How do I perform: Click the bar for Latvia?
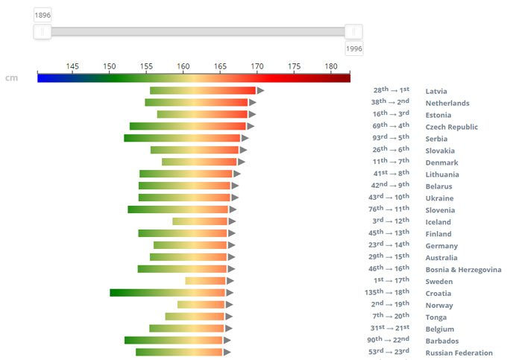(x=203, y=91)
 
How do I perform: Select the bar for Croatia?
(x=168, y=293)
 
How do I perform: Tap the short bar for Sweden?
(x=206, y=281)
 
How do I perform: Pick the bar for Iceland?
(x=200, y=221)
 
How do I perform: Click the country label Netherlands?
(x=447, y=103)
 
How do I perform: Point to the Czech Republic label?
(x=451, y=127)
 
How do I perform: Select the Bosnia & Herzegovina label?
(x=463, y=269)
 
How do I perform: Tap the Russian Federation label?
(x=459, y=353)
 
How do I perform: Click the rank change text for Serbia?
(x=391, y=137)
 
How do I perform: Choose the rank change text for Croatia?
(x=387, y=292)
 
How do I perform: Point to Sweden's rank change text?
(x=391, y=280)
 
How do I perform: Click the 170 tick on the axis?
(x=257, y=66)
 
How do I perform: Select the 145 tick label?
(x=72, y=66)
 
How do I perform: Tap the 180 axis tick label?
(x=331, y=66)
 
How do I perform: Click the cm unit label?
(x=11, y=78)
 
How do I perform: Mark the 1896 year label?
(x=43, y=15)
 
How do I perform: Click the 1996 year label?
(x=354, y=48)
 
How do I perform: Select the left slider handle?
(x=43, y=31)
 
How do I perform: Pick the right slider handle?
(x=354, y=31)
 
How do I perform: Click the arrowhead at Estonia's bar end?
(x=252, y=115)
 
